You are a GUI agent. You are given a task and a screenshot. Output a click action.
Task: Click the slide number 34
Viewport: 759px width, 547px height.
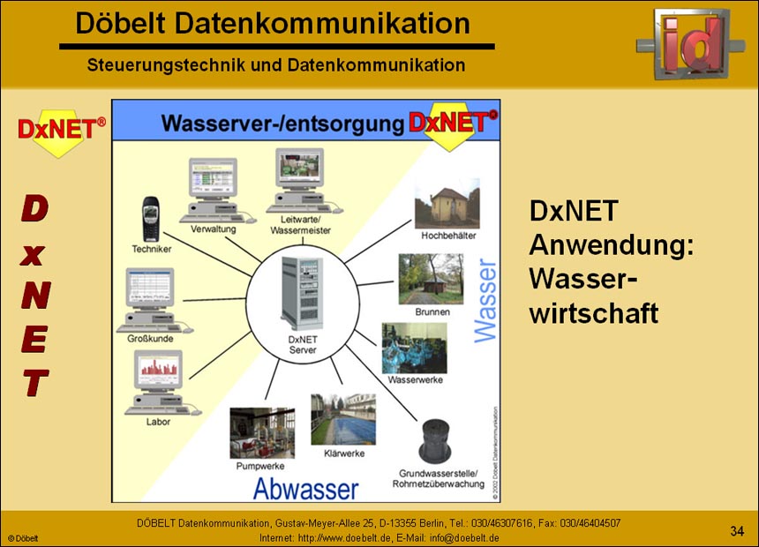tap(737, 530)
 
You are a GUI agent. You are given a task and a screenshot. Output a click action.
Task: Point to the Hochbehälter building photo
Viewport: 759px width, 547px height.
tap(447, 203)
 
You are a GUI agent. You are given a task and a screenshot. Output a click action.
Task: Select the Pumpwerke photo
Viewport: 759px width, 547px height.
tap(262, 431)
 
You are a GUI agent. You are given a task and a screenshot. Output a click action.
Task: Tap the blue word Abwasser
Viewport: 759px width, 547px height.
tap(305, 489)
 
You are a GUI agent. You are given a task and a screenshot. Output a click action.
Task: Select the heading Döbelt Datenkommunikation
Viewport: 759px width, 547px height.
tap(273, 24)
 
